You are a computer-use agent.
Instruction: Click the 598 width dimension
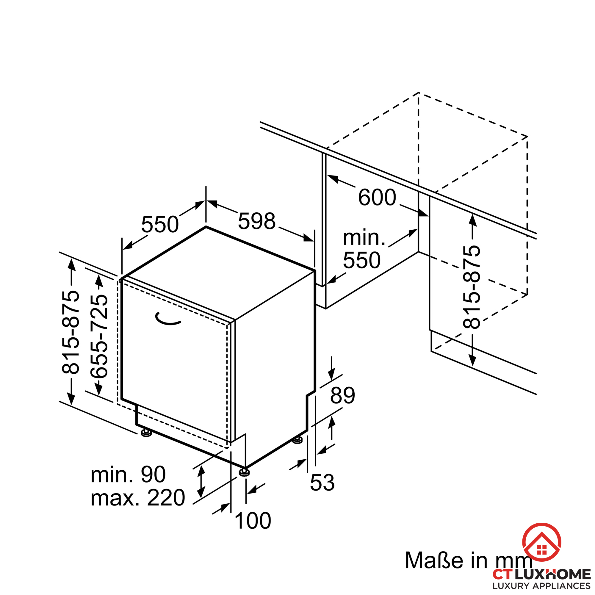click(256, 221)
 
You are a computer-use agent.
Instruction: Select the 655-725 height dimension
click(99, 336)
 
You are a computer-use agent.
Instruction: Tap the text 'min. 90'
click(128, 474)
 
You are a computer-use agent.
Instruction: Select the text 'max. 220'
click(138, 498)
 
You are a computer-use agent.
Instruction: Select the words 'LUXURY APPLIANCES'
click(541, 586)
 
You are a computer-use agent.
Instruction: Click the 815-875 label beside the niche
click(472, 287)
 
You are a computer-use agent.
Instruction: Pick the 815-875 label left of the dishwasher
click(71, 332)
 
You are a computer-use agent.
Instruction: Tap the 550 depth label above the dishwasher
click(160, 224)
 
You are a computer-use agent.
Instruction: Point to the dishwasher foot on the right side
click(297, 440)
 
